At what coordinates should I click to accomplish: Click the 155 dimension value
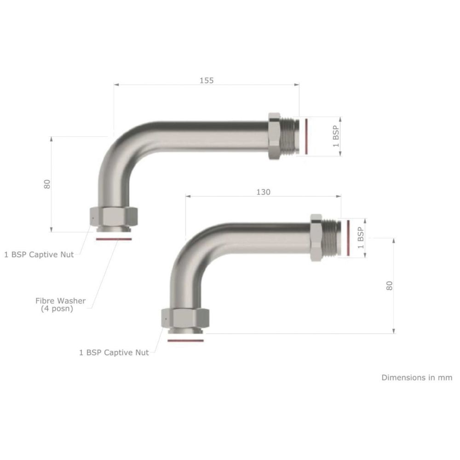[207, 80]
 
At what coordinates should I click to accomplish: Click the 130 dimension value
[263, 192]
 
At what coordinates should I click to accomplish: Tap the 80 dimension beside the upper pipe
[47, 184]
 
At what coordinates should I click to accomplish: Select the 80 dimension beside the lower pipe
[389, 286]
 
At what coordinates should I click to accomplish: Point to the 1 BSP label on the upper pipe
[336, 137]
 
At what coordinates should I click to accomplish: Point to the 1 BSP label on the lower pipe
[361, 238]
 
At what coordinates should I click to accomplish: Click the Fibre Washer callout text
[60, 305]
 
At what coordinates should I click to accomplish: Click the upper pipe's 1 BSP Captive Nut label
[39, 254]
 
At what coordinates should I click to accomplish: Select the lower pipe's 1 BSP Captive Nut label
[114, 352]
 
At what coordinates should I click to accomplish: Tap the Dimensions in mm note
[417, 377]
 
